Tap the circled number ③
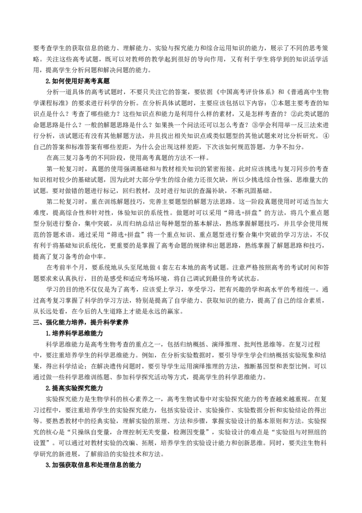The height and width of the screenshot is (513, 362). pyautogui.click(x=254, y=125)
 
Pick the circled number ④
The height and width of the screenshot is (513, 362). pyautogui.click(x=325, y=136)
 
